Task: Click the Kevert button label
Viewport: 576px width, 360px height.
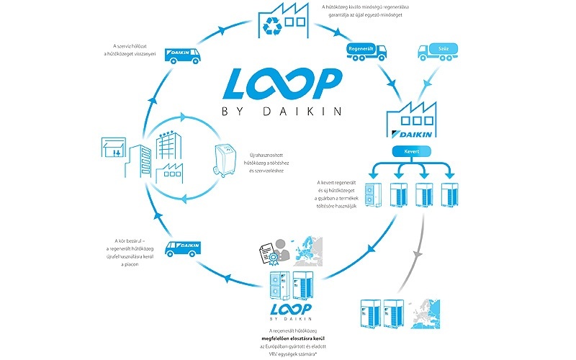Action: pyautogui.click(x=412, y=152)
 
